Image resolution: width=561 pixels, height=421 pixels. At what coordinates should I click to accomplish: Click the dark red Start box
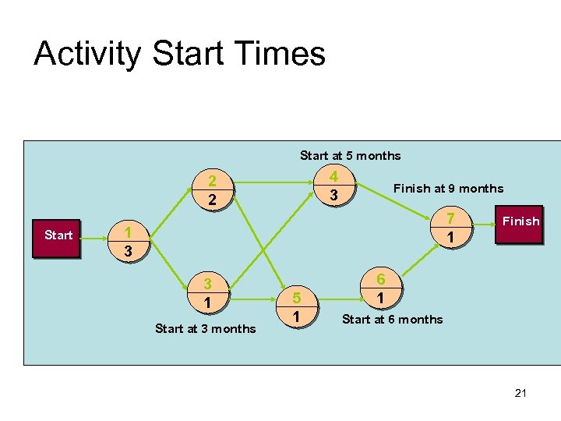pos(58,235)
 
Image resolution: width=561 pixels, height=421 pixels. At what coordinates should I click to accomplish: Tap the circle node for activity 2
pos(211,190)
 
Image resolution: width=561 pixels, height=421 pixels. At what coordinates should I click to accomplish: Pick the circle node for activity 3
pos(207,292)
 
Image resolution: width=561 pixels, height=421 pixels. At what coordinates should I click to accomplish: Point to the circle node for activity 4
pos(333,186)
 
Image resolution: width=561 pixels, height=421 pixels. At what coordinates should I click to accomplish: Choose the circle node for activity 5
pos(296,306)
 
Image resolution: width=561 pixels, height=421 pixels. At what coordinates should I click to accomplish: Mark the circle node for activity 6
pos(379,288)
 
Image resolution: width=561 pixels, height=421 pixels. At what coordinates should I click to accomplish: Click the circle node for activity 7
pos(449,226)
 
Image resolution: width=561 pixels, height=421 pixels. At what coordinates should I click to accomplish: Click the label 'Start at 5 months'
pos(350,156)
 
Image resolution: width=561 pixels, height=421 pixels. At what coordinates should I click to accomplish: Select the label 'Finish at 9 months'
pos(448,189)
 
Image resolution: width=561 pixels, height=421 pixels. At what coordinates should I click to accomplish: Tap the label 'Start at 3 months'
pos(205,329)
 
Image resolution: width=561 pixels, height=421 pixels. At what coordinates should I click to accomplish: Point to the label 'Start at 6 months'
pos(392,320)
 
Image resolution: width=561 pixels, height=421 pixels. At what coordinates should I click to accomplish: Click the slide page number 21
pos(520,393)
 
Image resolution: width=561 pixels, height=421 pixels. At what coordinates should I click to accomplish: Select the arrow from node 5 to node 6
pos(337,297)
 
